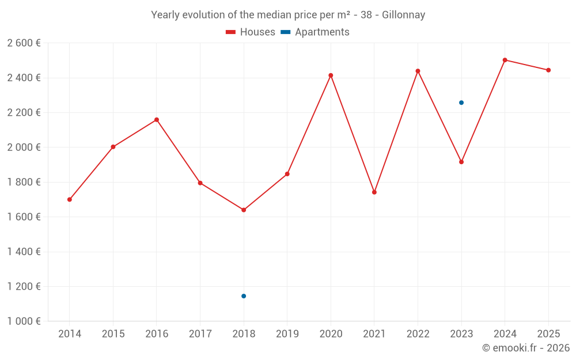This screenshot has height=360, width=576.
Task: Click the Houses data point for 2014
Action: click(x=70, y=199)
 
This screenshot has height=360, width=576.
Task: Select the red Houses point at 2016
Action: click(x=157, y=120)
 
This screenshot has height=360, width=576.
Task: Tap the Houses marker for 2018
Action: click(x=244, y=210)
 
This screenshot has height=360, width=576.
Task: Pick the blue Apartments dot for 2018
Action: click(x=244, y=296)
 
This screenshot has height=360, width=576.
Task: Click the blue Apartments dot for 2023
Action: click(x=461, y=103)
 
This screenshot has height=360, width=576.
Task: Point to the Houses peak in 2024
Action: click(x=505, y=60)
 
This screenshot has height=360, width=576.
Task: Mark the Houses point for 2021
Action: click(x=374, y=192)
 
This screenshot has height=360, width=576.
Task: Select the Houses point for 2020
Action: click(x=331, y=75)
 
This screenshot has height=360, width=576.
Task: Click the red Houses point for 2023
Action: click(x=461, y=162)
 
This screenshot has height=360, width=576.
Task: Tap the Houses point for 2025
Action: click(x=548, y=70)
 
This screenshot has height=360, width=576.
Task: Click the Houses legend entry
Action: click(x=251, y=32)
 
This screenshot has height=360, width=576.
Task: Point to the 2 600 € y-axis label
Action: click(x=24, y=43)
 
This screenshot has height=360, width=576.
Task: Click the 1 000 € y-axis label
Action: click(x=24, y=321)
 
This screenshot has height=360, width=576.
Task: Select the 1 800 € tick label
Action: click(x=24, y=182)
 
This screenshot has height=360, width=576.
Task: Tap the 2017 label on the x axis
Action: click(x=200, y=334)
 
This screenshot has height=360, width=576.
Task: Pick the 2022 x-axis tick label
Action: click(x=418, y=334)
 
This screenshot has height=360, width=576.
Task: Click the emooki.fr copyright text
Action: click(x=525, y=348)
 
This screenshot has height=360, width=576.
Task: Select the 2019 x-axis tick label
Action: click(x=287, y=334)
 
